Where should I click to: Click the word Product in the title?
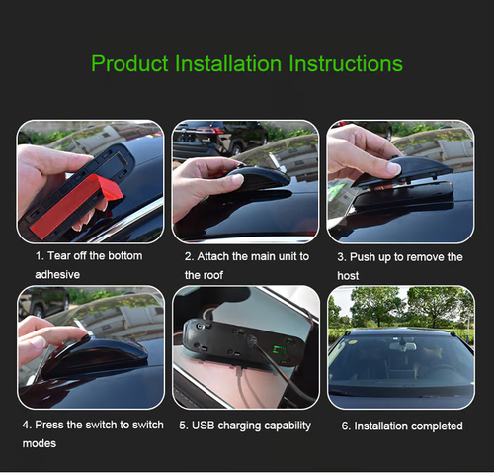click(129, 64)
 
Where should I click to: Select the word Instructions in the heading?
click(346, 64)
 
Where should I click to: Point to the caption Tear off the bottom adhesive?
click(88, 265)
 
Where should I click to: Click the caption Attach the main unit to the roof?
click(246, 265)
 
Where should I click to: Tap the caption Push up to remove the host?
click(399, 265)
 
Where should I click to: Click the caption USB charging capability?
click(245, 426)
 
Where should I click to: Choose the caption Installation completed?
click(401, 426)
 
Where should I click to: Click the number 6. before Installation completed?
click(346, 426)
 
